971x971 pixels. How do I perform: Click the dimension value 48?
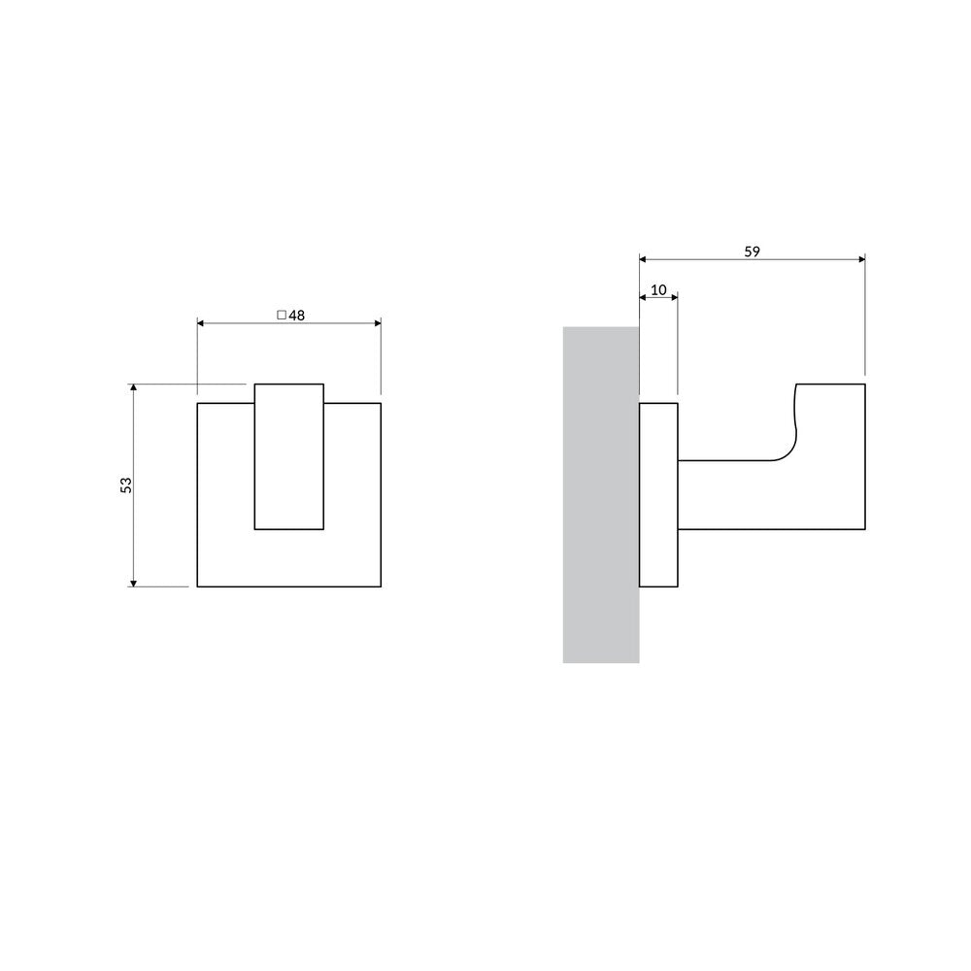pyautogui.click(x=296, y=316)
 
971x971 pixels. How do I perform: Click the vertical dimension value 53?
pyautogui.click(x=125, y=485)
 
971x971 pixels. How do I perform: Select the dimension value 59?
pyautogui.click(x=752, y=251)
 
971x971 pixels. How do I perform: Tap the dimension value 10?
pyautogui.click(x=658, y=289)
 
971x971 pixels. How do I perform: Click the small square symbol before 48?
pyautogui.click(x=282, y=316)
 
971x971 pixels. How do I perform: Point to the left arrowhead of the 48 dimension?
pyautogui.click(x=201, y=323)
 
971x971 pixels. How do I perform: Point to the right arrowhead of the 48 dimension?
pyautogui.click(x=378, y=323)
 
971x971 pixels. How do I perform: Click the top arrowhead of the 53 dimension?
pyautogui.click(x=133, y=387)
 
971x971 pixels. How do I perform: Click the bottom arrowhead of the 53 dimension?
pyautogui.click(x=133, y=583)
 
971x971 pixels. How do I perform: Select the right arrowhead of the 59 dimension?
pyautogui.click(x=861, y=259)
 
